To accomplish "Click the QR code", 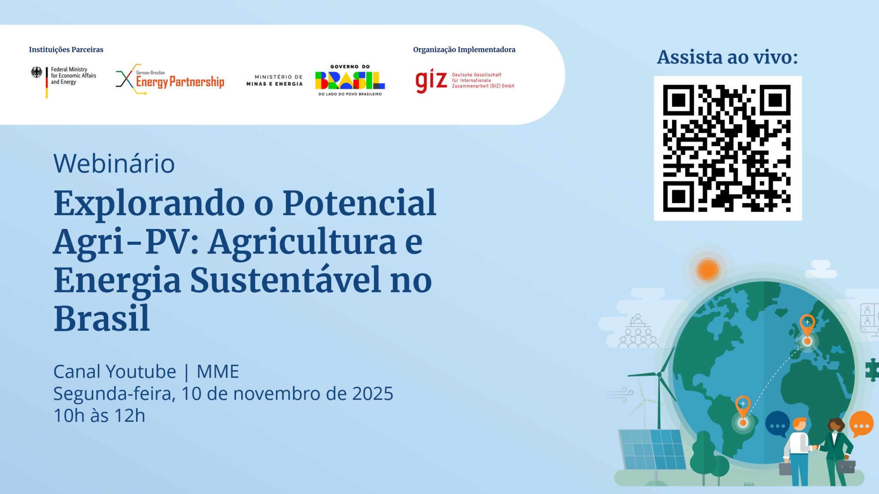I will (727, 148).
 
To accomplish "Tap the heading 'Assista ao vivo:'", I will (727, 57).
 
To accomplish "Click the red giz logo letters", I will (431, 80).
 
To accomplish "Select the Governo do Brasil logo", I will (350, 80).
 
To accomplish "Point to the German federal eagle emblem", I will (37, 72).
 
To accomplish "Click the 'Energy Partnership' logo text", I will (180, 82).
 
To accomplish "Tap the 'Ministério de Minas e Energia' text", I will (275, 80).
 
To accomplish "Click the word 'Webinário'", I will (114, 164).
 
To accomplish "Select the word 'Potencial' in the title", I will (359, 203).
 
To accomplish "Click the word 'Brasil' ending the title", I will (102, 319).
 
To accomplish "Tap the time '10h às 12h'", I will (99, 415).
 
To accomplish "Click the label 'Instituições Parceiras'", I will (66, 49).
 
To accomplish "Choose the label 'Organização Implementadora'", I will (464, 49).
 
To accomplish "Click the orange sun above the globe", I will (708, 270).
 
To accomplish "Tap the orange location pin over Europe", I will (807, 324).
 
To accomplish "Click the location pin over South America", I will (743, 406).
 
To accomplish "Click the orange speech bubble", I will (861, 424).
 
